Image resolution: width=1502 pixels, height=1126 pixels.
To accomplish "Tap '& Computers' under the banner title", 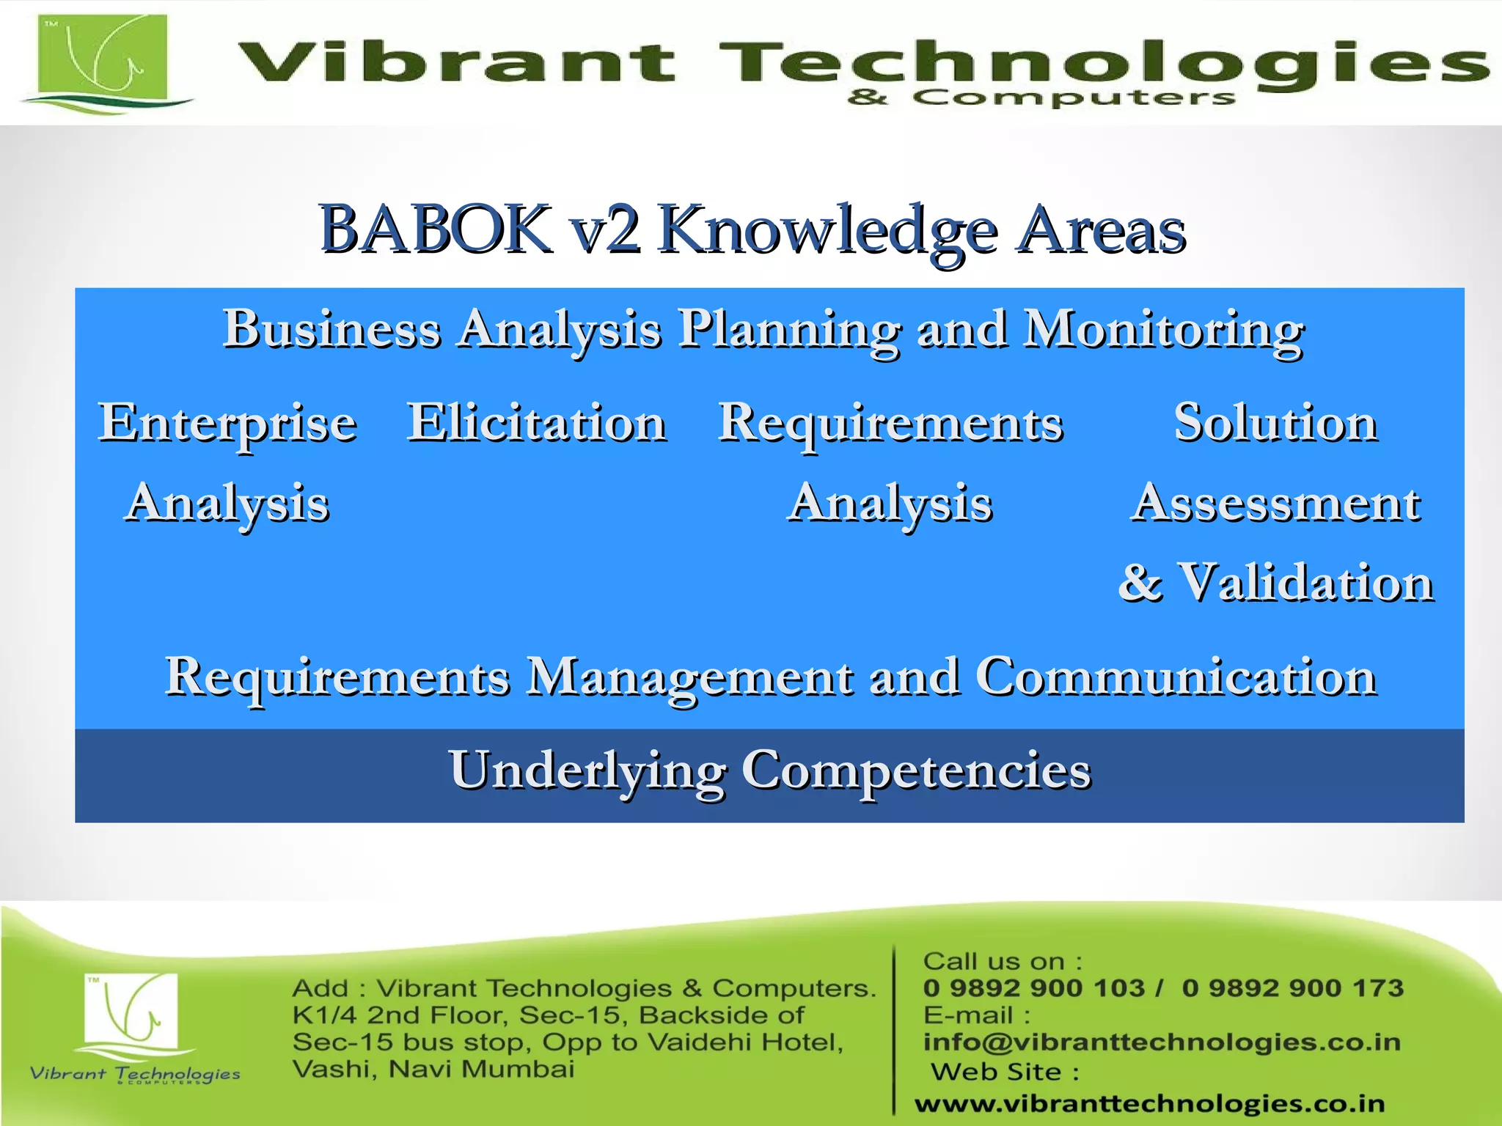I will pyautogui.click(x=1041, y=97).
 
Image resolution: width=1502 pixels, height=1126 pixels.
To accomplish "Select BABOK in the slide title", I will pyautogui.click(x=436, y=229).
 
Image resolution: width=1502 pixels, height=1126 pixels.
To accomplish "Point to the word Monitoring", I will pyautogui.click(x=1164, y=329).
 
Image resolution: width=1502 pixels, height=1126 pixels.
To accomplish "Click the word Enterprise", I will pyautogui.click(x=228, y=424).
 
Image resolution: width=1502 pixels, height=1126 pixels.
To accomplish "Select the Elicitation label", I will pyautogui.click(x=537, y=423).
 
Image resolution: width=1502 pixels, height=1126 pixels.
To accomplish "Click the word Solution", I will pyautogui.click(x=1275, y=423).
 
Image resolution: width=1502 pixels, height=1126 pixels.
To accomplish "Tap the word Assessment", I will pyautogui.click(x=1275, y=504).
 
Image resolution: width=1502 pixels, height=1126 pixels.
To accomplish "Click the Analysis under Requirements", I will pyautogui.click(x=890, y=504).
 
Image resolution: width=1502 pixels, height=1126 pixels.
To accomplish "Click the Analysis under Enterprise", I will pyautogui.click(x=228, y=504).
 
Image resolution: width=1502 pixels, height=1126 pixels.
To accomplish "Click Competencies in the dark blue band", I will pyautogui.click(x=916, y=770).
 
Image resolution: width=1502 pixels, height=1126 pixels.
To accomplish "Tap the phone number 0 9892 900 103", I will pyautogui.click(x=1033, y=988).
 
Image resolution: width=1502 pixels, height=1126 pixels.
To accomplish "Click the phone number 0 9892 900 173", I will pyautogui.click(x=1292, y=988).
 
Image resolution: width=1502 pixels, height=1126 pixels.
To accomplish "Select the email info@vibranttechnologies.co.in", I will pyautogui.click(x=1162, y=1042).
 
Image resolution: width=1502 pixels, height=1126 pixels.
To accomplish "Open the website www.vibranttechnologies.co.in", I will pyautogui.click(x=1150, y=1103).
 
